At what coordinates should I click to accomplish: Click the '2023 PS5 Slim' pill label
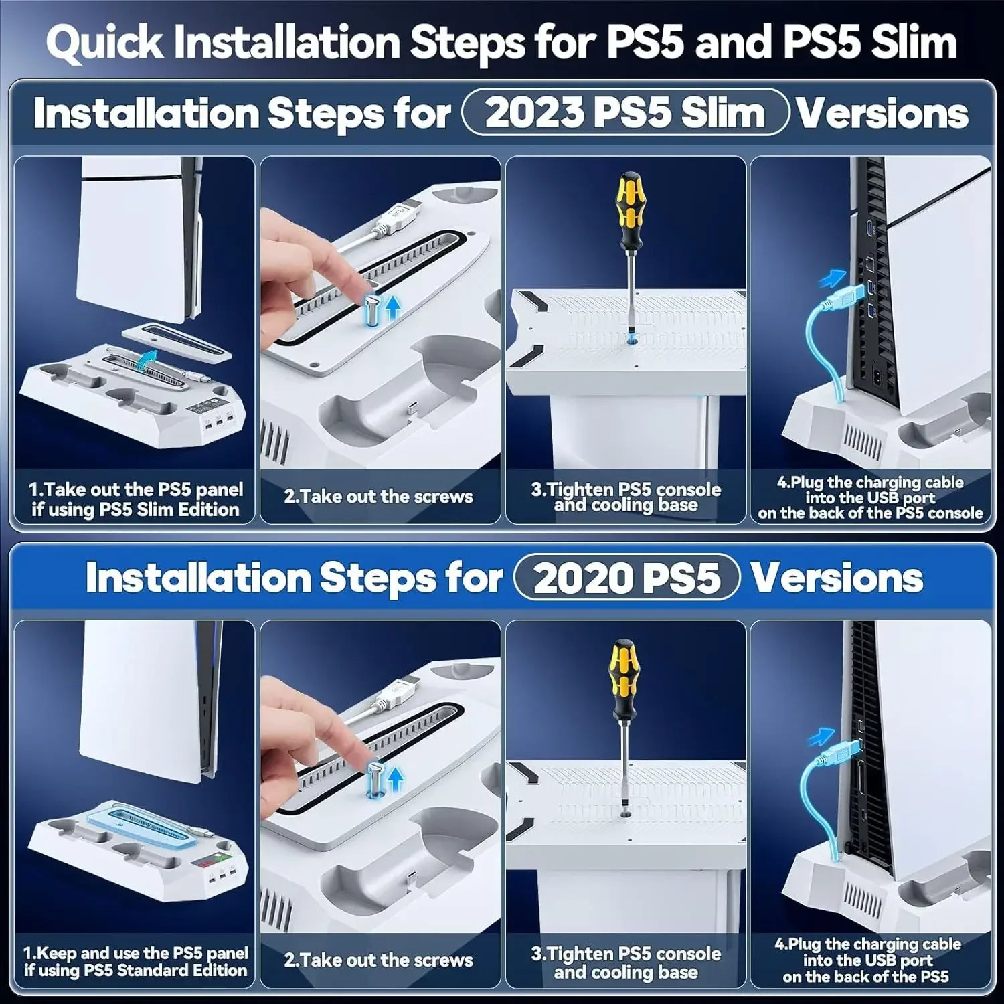point(625,112)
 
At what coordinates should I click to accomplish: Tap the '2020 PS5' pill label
point(627,577)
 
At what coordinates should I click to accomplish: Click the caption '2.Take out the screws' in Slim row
point(378,497)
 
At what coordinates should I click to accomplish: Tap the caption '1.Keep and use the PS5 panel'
point(136,953)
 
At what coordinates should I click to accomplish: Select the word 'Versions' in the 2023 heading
point(882,112)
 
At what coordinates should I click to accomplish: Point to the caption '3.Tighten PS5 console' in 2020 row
point(626,954)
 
